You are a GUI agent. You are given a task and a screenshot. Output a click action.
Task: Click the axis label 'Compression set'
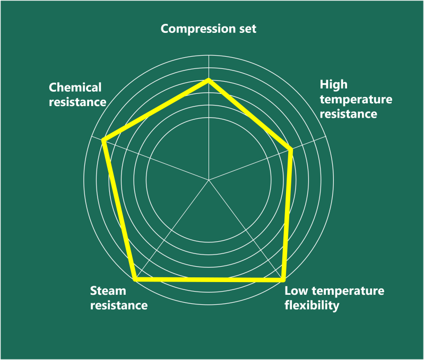[x=208, y=29]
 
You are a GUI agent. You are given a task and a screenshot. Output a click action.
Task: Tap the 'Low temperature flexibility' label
[x=334, y=298]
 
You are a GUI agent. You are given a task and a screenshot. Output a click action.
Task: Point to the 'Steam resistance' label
[x=118, y=298]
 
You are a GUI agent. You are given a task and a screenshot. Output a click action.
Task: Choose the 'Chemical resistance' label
[x=77, y=94]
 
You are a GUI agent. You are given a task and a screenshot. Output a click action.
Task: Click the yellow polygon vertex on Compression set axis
[x=209, y=80]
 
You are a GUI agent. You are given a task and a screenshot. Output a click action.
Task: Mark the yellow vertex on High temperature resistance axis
[x=291, y=150]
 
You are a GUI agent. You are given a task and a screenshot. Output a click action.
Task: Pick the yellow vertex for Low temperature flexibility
[x=283, y=279]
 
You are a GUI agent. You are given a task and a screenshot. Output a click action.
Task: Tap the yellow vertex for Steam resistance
[x=135, y=278]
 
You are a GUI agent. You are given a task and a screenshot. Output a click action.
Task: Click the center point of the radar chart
[x=209, y=180]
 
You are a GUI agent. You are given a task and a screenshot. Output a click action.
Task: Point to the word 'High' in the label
[x=333, y=85]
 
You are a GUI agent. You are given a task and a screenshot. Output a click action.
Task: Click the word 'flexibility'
[x=311, y=306]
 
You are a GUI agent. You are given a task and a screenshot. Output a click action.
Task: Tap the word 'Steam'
[x=108, y=291]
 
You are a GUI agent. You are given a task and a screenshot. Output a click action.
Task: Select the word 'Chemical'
[x=75, y=87]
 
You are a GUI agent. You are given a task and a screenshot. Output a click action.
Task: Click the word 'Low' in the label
[x=296, y=291]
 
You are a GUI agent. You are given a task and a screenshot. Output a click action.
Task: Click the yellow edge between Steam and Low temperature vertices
[x=209, y=279]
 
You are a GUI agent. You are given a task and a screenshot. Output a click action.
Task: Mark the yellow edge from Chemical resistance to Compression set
[x=156, y=110]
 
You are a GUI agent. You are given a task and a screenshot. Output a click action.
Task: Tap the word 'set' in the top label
[x=247, y=29]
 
